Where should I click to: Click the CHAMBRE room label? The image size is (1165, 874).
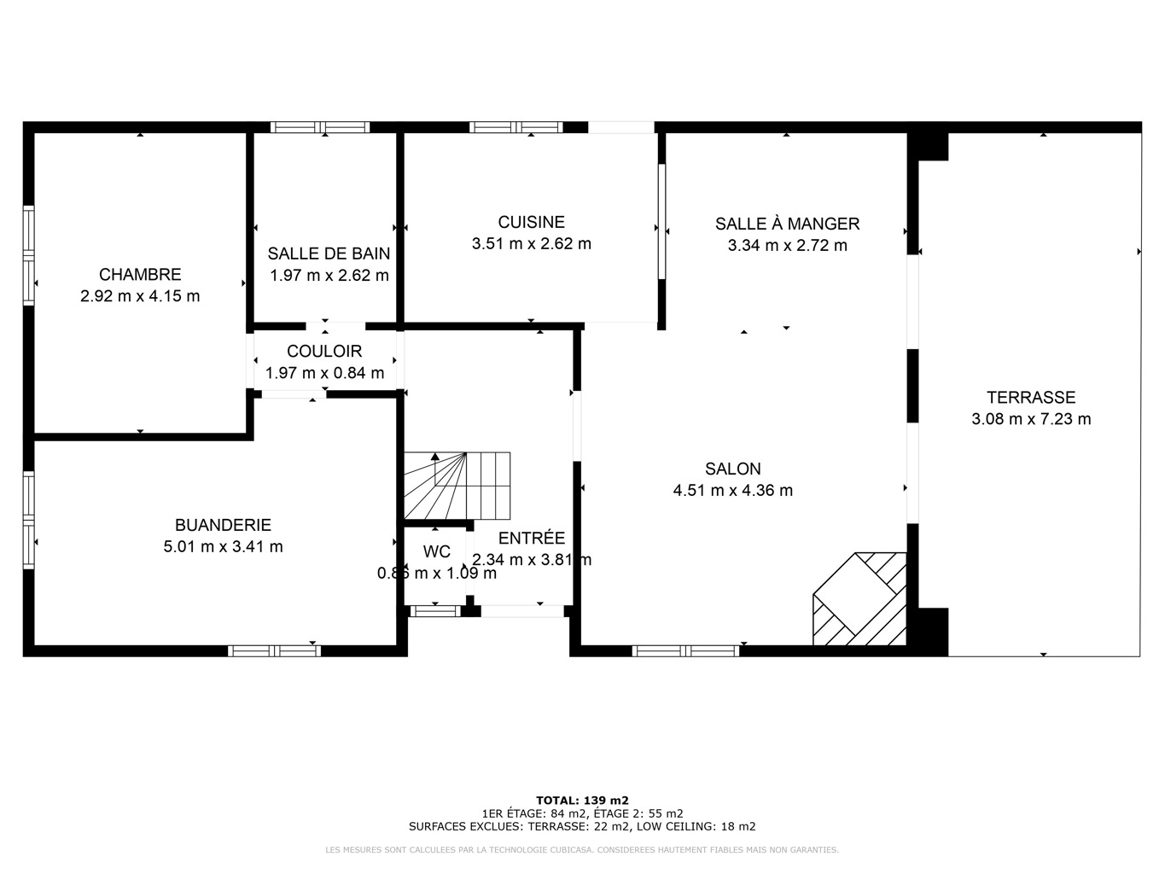tap(140, 274)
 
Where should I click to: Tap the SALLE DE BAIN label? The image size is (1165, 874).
tap(329, 253)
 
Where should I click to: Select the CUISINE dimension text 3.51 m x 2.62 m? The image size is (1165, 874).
tap(531, 243)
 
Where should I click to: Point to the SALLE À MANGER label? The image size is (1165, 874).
tap(787, 224)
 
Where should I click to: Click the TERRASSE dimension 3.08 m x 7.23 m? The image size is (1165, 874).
tap(1031, 419)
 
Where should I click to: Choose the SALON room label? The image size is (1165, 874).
tap(733, 469)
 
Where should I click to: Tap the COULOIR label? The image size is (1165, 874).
tap(324, 352)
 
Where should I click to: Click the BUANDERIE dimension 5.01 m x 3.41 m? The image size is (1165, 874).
tap(223, 546)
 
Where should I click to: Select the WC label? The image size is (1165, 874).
tap(437, 552)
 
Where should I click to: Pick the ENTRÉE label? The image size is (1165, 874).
tap(531, 538)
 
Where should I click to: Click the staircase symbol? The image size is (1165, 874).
tap(457, 486)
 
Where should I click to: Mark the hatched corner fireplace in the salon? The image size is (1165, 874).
tap(859, 599)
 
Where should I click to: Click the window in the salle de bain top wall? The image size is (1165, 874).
tap(320, 127)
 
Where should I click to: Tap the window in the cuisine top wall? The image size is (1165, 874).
tap(516, 127)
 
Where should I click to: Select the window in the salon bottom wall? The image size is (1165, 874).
tap(685, 651)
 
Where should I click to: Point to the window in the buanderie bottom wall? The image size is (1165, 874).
tap(275, 651)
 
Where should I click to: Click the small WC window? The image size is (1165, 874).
tap(436, 611)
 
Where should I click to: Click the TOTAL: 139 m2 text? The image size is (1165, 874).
tap(582, 801)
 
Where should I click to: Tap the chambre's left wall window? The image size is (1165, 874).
tap(29, 256)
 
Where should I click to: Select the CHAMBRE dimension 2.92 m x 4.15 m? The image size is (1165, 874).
tap(140, 296)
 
